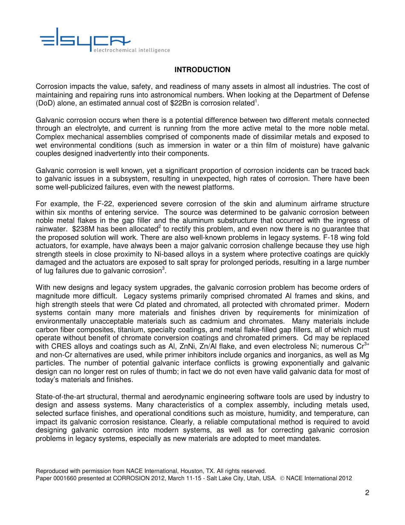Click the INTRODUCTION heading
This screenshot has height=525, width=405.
202,70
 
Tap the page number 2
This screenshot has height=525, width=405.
367,493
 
